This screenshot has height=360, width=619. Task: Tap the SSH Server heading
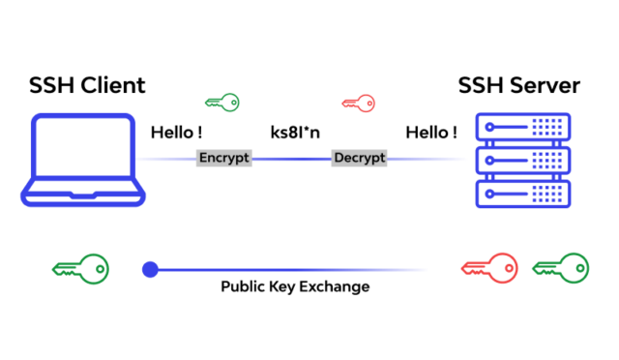click(519, 86)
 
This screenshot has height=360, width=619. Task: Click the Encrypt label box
click(223, 158)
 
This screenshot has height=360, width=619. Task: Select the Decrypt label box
click(359, 158)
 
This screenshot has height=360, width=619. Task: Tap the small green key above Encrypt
click(221, 101)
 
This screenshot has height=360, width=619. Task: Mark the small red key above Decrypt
click(359, 101)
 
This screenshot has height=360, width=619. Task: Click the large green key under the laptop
click(80, 268)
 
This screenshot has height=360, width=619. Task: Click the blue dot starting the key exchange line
click(150, 269)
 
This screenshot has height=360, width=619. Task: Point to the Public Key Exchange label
click(295, 287)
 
